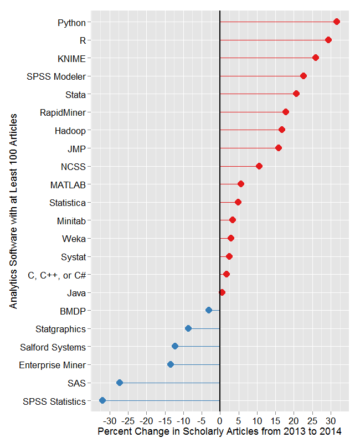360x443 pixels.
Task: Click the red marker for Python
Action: pyautogui.click(x=336, y=22)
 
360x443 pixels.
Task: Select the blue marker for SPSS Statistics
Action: pyautogui.click(x=102, y=400)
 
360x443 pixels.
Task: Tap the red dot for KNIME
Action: pyautogui.click(x=316, y=58)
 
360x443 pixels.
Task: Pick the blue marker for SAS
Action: pyautogui.click(x=120, y=383)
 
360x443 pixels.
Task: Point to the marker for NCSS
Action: pyautogui.click(x=259, y=166)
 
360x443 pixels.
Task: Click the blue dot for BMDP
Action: pyautogui.click(x=209, y=310)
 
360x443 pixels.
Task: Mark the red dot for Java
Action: pyautogui.click(x=222, y=292)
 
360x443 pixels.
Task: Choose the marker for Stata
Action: pyautogui.click(x=296, y=94)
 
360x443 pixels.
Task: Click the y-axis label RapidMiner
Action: pyautogui.click(x=63, y=112)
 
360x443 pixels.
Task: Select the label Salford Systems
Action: pyautogui.click(x=53, y=347)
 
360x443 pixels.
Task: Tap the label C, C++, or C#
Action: pyautogui.click(x=56, y=275)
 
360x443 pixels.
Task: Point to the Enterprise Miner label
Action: pyautogui.click(x=52, y=365)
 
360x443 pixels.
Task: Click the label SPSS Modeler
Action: pyautogui.click(x=56, y=76)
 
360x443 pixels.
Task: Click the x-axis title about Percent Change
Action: pyautogui.click(x=219, y=431)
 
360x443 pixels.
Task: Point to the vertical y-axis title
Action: pyautogui.click(x=13, y=210)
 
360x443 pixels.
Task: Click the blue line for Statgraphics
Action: pyautogui.click(x=205, y=328)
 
